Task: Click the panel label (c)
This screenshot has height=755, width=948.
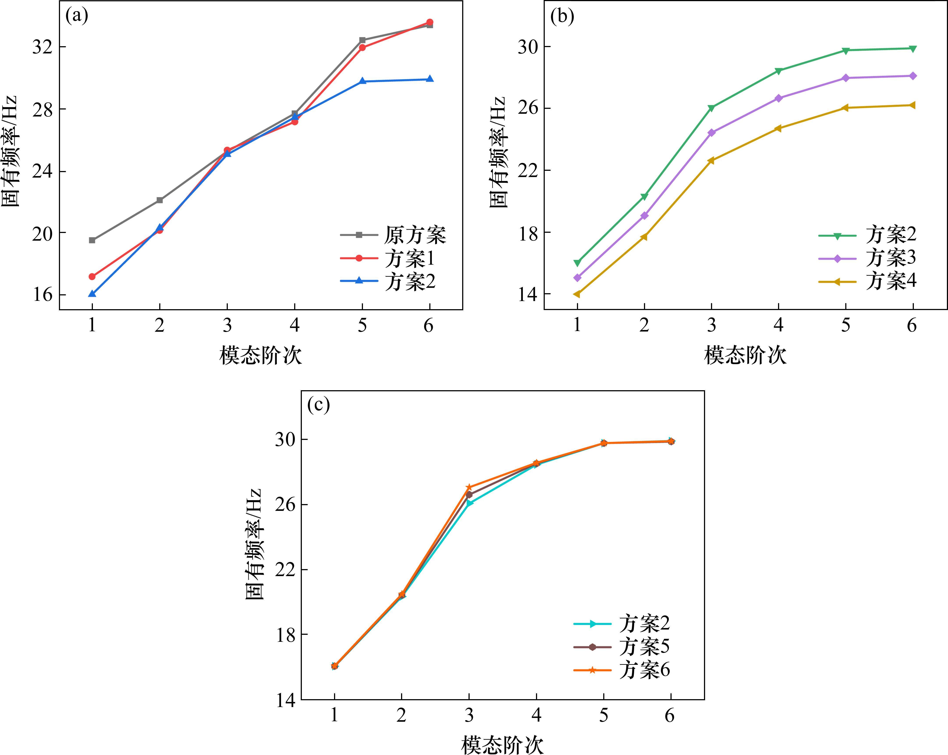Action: pyautogui.click(x=318, y=405)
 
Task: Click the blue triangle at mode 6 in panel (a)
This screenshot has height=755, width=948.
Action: pyautogui.click(x=430, y=79)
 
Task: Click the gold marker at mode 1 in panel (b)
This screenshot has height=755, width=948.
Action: pyautogui.click(x=577, y=294)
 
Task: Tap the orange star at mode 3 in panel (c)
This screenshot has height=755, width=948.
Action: pyautogui.click(x=469, y=488)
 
